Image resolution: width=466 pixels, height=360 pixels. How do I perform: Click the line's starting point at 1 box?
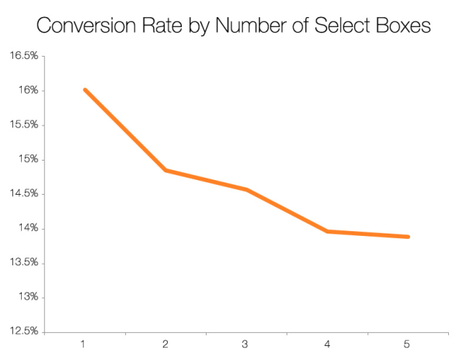[x=85, y=90]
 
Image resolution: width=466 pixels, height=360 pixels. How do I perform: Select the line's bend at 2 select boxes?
[x=165, y=170]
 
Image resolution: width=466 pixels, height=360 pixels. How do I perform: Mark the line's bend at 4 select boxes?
[x=327, y=231]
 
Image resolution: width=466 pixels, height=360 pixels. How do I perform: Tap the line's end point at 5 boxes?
[x=408, y=237]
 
